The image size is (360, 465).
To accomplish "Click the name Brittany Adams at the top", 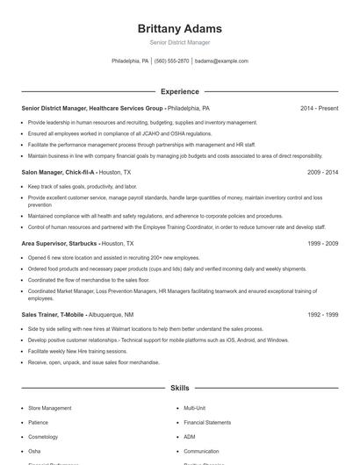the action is click(179, 28).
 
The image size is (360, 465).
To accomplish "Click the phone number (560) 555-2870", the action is click(171, 61).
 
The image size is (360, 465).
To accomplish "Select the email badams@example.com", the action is click(221, 61).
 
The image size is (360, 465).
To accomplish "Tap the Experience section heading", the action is click(179, 91).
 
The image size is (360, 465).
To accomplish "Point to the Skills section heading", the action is click(179, 387).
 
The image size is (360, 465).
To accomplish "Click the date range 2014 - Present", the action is click(319, 108).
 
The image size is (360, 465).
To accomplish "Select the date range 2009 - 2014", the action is click(322, 173).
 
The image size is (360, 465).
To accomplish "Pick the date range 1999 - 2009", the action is click(322, 243).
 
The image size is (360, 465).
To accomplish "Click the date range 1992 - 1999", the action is click(322, 314).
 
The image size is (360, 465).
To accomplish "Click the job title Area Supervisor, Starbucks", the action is click(59, 243).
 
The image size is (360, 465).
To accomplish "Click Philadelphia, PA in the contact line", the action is click(130, 61).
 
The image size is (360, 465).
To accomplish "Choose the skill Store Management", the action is click(50, 408).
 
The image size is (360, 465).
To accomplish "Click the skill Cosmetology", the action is click(44, 436).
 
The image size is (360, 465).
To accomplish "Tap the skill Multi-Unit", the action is click(194, 408).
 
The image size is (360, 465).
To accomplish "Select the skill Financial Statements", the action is click(206, 422).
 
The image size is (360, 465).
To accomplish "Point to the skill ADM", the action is click(190, 436).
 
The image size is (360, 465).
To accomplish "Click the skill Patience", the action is click(39, 422).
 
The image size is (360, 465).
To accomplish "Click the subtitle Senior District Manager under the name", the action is click(179, 42).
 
